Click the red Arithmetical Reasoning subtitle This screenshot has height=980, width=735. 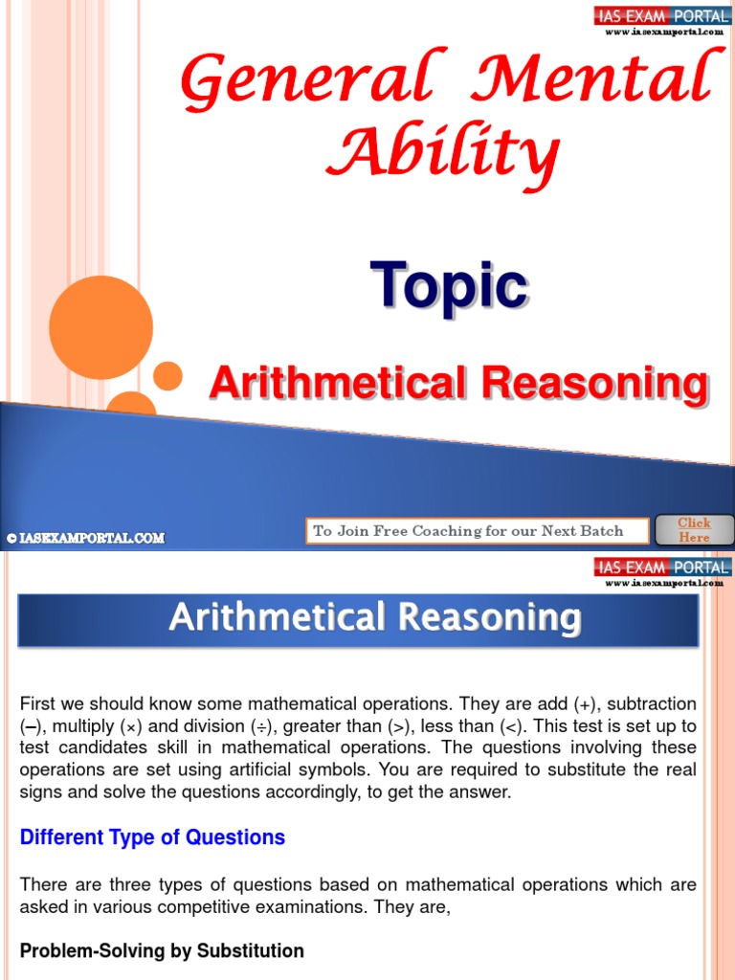coord(458,384)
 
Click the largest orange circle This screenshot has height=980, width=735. coord(100,327)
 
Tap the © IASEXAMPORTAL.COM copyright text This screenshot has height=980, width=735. coord(85,539)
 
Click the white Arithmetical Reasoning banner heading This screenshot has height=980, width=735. coord(374,617)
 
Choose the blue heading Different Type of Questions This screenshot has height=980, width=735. coord(152,837)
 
